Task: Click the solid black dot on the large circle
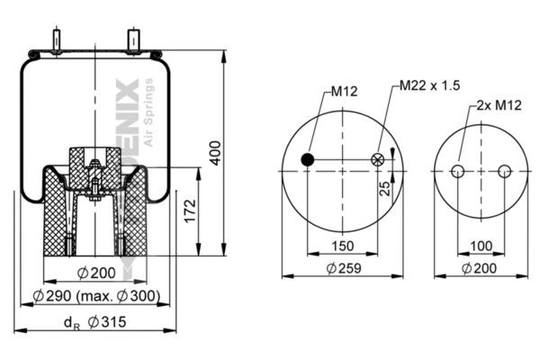[308, 160]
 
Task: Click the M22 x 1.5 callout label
[430, 85]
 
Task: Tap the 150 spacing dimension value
[343, 245]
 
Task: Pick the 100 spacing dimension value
[481, 245]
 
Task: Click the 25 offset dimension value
[384, 188]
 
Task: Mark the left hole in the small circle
[458, 172]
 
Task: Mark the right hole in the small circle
[504, 172]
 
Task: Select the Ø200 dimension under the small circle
[480, 267]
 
